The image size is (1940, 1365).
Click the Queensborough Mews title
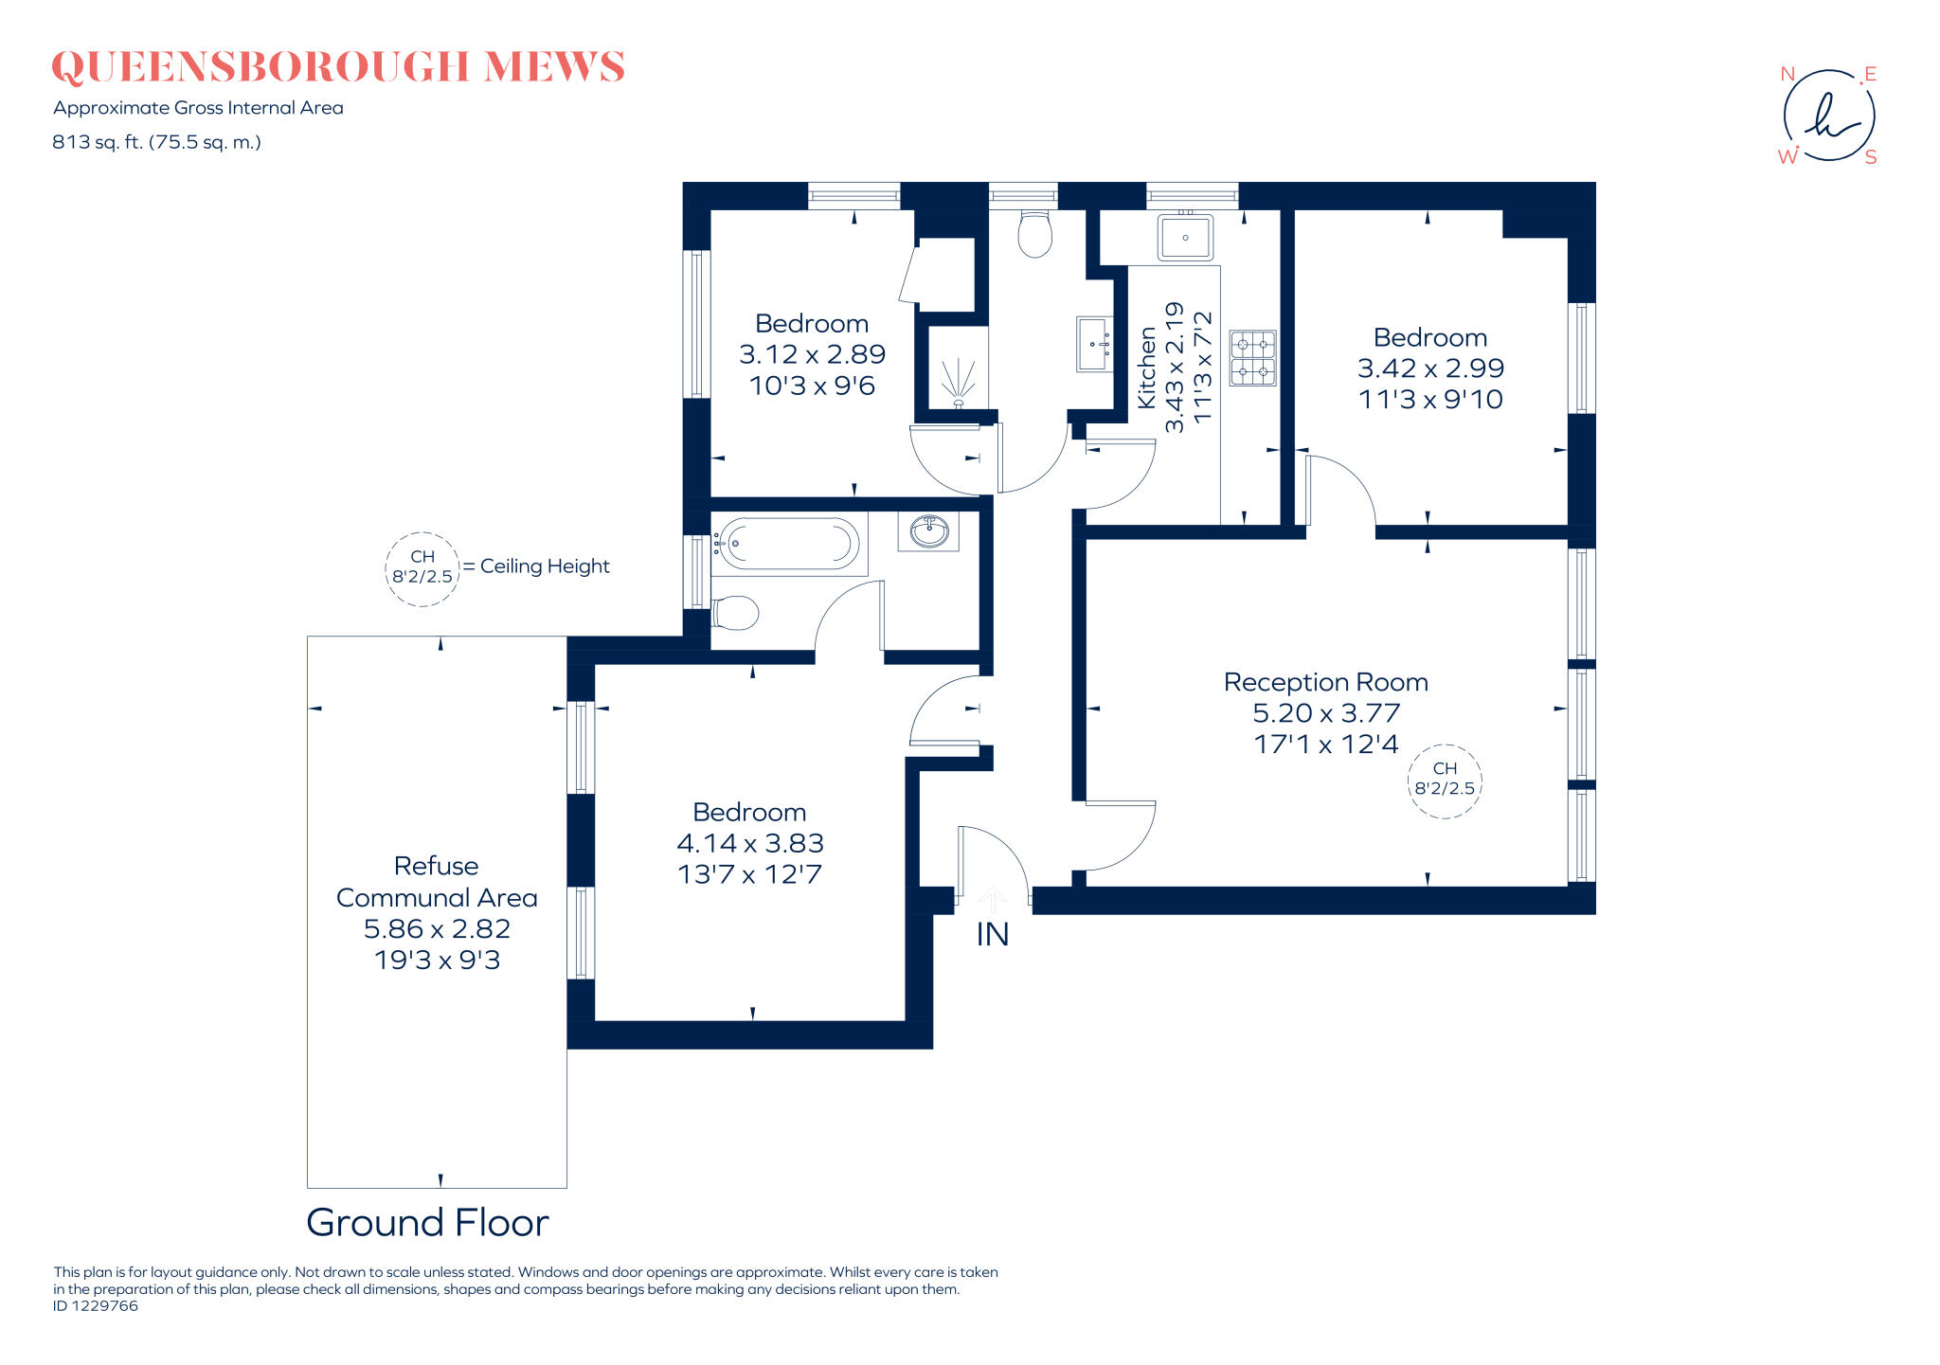click(x=337, y=67)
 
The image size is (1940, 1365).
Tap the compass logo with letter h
click(x=1828, y=116)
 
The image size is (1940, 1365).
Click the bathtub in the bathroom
click(x=786, y=545)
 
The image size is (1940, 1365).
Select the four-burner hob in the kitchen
click(x=1252, y=358)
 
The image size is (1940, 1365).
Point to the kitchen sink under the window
click(x=1185, y=237)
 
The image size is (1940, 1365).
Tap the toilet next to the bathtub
click(x=735, y=613)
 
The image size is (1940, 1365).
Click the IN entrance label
click(x=992, y=935)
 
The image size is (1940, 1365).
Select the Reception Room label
click(x=1325, y=682)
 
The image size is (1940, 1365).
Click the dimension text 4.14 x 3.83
click(x=749, y=843)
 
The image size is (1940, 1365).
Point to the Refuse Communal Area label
click(x=437, y=882)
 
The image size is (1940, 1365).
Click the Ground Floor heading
click(x=427, y=1223)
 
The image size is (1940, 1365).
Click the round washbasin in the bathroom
click(x=929, y=531)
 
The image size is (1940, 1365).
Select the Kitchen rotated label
click(x=1146, y=368)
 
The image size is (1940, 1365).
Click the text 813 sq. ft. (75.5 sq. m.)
click(x=156, y=142)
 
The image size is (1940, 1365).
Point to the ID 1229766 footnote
click(x=96, y=1305)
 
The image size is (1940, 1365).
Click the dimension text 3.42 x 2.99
click(x=1429, y=368)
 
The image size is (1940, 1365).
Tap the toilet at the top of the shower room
click(x=1034, y=233)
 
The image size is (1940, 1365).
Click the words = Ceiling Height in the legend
click(x=536, y=566)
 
